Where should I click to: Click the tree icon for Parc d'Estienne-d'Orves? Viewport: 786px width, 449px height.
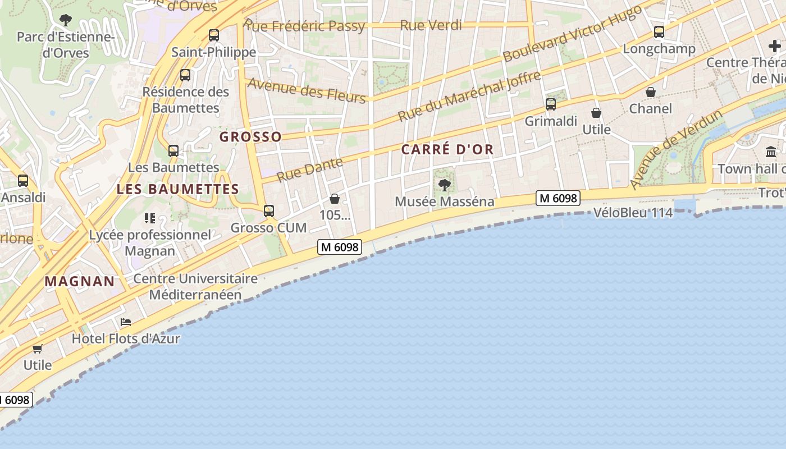pos(66,20)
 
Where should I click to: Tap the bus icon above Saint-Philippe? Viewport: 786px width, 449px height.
pos(214,35)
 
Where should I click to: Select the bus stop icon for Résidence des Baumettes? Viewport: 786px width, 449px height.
pos(185,75)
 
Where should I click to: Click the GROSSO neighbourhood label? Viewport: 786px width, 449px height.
pos(250,137)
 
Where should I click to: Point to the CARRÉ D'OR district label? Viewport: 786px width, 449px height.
pos(447,149)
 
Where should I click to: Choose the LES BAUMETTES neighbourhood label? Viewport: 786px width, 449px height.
pos(178,189)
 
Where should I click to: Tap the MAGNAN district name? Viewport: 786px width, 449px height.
pos(80,281)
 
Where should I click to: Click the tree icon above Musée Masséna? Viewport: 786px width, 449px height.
pos(445,185)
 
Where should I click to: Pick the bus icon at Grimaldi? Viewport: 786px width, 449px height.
pos(551,104)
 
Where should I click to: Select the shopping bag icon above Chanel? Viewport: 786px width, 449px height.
pos(651,92)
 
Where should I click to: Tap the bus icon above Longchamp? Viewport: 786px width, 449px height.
pos(659,32)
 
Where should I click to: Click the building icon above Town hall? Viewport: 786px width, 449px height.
pos(771,152)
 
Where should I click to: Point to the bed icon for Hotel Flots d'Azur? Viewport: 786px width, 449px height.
pos(126,322)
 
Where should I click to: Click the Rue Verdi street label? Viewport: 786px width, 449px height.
pos(431,25)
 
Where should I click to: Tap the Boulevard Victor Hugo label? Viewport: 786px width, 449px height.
pos(572,34)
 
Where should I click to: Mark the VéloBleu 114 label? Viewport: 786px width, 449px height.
pos(633,213)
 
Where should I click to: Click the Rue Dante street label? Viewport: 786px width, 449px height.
pos(310,169)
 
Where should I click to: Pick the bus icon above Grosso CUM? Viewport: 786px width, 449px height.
pos(269,211)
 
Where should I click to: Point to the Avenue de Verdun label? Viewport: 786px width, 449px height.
pos(676,149)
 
